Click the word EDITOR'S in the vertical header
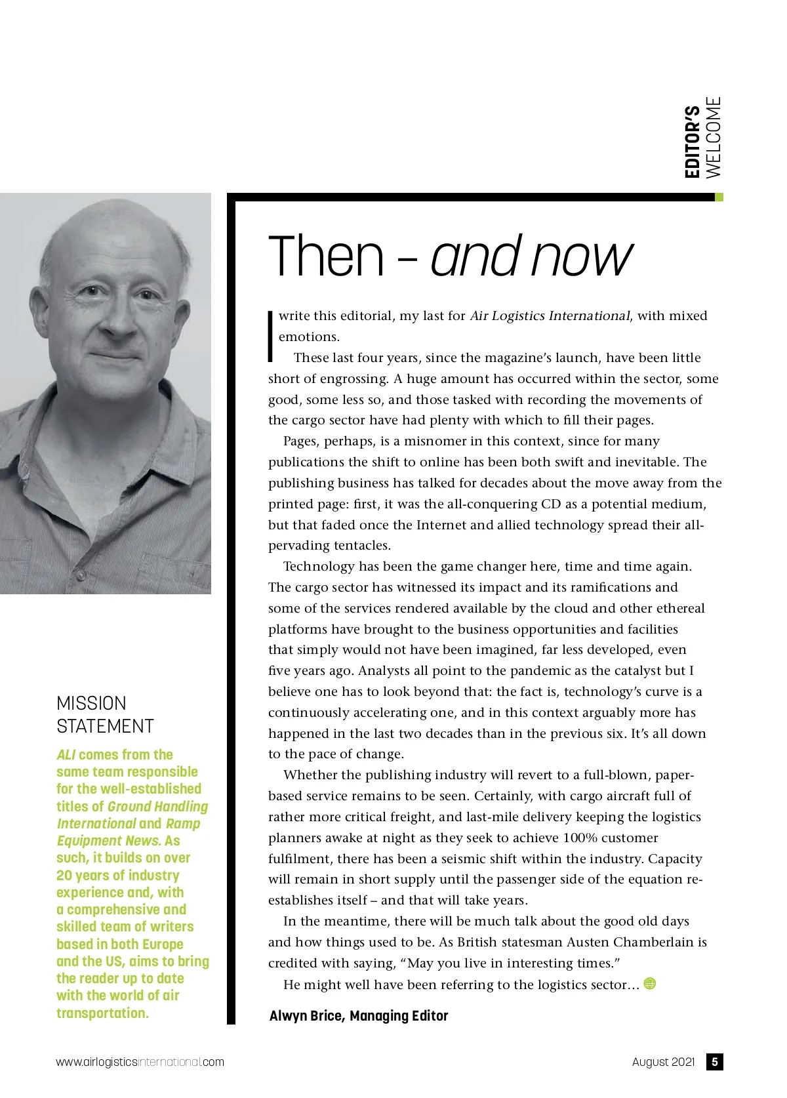point(692,142)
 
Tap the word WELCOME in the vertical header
point(713,137)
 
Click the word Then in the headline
point(326,256)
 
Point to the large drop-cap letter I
point(270,335)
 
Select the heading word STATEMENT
point(105,727)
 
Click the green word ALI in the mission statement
point(66,755)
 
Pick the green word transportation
point(102,1013)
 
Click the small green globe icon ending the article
point(650,983)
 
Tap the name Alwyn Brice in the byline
point(306,1016)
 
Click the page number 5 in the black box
point(715,1062)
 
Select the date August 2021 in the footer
point(663,1062)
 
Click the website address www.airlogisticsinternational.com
point(140,1062)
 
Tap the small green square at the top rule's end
point(719,197)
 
